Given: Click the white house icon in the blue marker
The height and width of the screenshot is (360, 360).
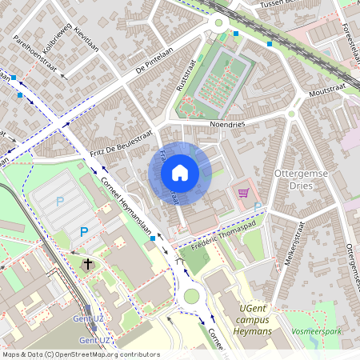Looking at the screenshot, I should click(x=180, y=172).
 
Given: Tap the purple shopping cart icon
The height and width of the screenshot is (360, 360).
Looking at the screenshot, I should click(x=243, y=192).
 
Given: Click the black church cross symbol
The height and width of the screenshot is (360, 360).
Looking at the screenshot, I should click(x=88, y=263).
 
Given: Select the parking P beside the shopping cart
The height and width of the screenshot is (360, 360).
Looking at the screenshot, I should click(x=257, y=207).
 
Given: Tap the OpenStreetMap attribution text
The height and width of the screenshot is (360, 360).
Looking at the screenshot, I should click(x=80, y=354).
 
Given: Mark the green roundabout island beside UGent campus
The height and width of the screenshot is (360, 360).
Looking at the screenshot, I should click(x=191, y=297).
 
